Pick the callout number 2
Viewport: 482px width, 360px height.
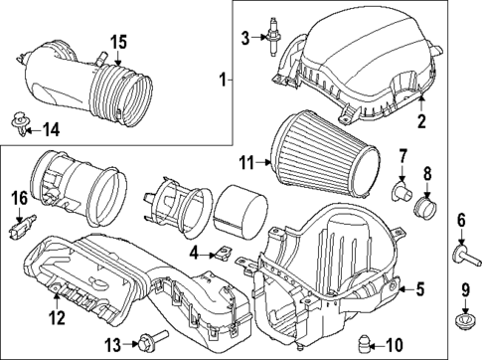coord(420,122)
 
